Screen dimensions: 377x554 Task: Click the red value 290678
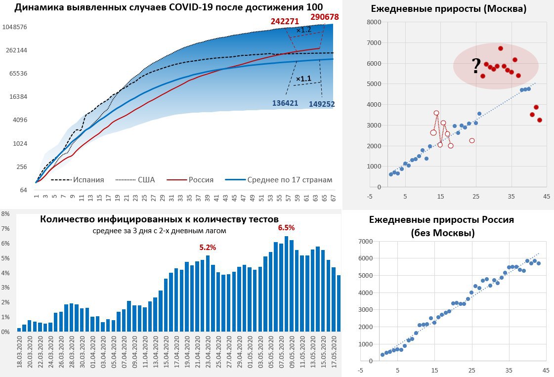click(x=325, y=17)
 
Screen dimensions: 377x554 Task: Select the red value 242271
click(x=285, y=21)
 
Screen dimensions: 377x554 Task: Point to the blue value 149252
click(x=322, y=104)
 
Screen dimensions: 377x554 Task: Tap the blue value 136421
click(x=286, y=103)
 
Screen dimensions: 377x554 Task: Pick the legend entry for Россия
click(x=201, y=180)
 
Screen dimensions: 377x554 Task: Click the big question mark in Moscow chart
click(x=476, y=65)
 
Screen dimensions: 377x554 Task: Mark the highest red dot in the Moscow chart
click(x=500, y=48)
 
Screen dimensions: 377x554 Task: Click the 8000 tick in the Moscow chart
click(x=374, y=22)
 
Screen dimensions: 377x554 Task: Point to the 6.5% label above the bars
click(x=286, y=228)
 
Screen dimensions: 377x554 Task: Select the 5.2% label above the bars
click(x=208, y=247)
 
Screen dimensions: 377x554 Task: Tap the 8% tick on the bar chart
click(x=5, y=214)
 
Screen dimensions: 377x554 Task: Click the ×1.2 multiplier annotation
click(x=303, y=30)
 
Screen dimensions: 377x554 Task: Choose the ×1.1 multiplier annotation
click(x=303, y=78)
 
